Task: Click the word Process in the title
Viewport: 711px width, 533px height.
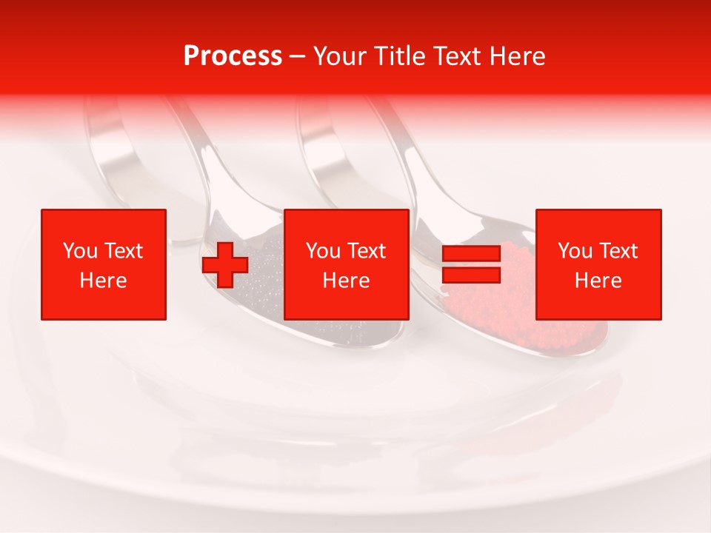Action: click(233, 56)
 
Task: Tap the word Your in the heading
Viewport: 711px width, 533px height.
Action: click(339, 56)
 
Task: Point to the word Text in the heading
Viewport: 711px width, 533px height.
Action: click(458, 56)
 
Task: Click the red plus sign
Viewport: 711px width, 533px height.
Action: click(225, 265)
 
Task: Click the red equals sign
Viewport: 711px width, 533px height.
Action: click(471, 264)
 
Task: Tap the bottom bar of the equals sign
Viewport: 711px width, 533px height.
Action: click(471, 275)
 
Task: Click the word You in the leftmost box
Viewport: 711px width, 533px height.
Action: click(80, 251)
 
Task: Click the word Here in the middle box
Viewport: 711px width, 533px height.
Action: click(346, 281)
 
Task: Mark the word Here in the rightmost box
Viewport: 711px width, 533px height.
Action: click(598, 281)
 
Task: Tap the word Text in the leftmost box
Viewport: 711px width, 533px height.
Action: click(122, 251)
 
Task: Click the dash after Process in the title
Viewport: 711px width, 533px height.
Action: click(298, 56)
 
